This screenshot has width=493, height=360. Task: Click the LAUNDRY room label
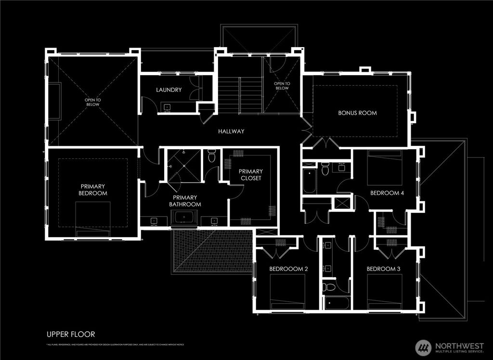click(x=169, y=90)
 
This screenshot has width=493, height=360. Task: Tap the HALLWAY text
click(x=231, y=131)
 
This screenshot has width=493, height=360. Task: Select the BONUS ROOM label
click(x=357, y=113)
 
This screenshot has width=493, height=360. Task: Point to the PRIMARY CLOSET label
click(x=250, y=175)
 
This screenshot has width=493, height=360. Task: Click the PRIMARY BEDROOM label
click(x=93, y=190)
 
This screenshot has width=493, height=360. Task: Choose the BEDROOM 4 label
click(x=387, y=193)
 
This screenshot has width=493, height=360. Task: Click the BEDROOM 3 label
click(x=384, y=269)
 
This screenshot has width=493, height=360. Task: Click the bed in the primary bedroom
click(x=93, y=218)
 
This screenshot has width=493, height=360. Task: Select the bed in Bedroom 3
click(x=384, y=291)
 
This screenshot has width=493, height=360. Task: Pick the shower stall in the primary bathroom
click(x=183, y=165)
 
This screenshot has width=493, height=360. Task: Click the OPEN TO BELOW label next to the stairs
click(x=282, y=86)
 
